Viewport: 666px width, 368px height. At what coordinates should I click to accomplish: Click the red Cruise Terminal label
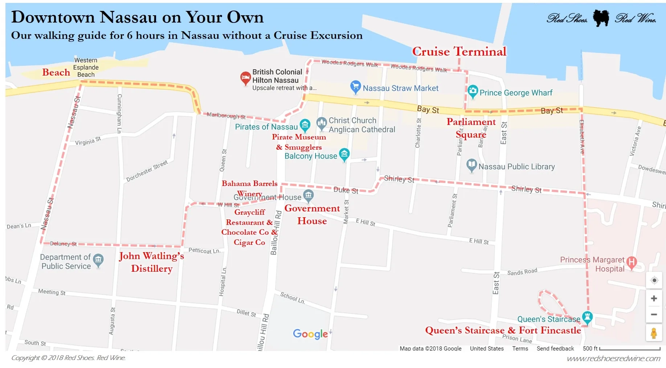(x=459, y=52)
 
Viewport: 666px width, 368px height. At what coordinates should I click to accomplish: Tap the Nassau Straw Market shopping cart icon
(x=355, y=87)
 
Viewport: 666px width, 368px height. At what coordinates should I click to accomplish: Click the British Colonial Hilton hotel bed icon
(x=245, y=78)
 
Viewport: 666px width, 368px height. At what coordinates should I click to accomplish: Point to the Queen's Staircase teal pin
(x=587, y=317)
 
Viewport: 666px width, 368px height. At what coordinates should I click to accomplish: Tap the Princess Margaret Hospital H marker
(x=632, y=262)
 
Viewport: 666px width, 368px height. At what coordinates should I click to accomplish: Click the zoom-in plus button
(x=654, y=299)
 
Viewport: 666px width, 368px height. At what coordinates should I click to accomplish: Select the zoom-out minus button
(x=654, y=315)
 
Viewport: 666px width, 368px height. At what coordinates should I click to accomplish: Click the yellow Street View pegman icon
(x=654, y=333)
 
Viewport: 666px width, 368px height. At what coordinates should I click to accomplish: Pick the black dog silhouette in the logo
(x=601, y=18)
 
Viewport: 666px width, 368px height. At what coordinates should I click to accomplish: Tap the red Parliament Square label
(x=471, y=128)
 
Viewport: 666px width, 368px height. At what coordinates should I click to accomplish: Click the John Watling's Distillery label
(x=151, y=262)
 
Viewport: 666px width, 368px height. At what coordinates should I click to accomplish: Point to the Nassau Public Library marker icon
(x=471, y=165)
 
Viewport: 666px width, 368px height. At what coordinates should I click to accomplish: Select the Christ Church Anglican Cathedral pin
(x=322, y=123)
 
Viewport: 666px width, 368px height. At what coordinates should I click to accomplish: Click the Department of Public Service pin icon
(x=98, y=260)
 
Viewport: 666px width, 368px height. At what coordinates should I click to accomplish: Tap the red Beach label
(x=56, y=72)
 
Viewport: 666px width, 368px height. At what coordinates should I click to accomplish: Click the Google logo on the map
(x=311, y=334)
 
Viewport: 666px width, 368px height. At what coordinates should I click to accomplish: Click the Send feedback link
(x=555, y=349)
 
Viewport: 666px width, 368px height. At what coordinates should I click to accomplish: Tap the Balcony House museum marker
(x=344, y=154)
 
